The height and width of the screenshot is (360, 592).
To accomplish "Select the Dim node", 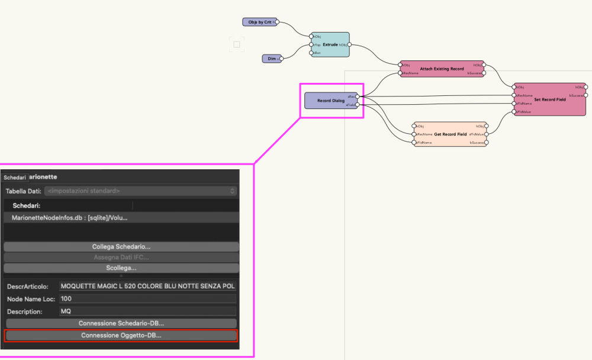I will click(x=271, y=58).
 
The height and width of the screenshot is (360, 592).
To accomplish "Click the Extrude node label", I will click(x=330, y=44).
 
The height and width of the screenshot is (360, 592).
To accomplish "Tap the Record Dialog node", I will click(x=331, y=101).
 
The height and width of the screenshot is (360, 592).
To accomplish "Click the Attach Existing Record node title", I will click(x=442, y=69).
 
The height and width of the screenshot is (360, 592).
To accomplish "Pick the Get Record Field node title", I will click(x=450, y=134).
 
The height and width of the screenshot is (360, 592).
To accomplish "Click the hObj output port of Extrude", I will click(x=349, y=44).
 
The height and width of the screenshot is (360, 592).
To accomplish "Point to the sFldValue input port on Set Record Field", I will click(x=514, y=111).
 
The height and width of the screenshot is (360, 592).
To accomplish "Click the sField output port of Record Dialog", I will click(x=357, y=105).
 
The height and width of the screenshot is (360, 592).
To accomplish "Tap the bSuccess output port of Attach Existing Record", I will click(x=484, y=73).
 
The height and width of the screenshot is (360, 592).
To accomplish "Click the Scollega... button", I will click(x=121, y=268).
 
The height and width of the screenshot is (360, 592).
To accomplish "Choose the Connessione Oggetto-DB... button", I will click(x=121, y=335).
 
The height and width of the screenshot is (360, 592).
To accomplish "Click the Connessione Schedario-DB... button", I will click(x=121, y=323).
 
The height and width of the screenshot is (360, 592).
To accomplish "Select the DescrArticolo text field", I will click(x=147, y=286).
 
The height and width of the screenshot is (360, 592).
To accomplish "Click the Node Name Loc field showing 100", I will click(x=147, y=298).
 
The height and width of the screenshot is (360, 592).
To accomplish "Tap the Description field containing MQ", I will click(x=147, y=311).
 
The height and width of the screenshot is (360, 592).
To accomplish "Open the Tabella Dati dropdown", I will click(x=141, y=191).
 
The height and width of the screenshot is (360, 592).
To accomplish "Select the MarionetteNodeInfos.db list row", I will click(x=121, y=217).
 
